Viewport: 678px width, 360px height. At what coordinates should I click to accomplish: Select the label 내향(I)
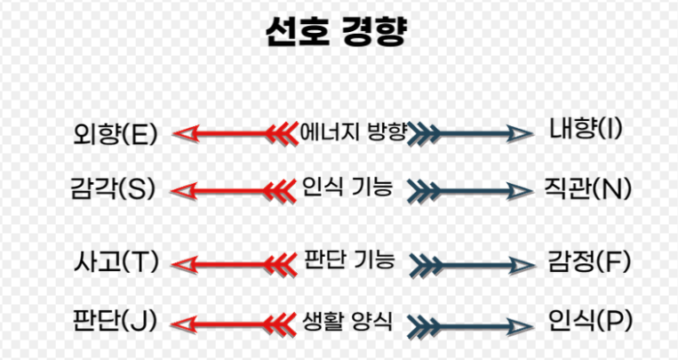pos(586,130)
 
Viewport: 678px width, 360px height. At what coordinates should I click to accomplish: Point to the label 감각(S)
pos(113,188)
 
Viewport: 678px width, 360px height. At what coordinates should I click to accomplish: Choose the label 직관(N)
pos(587,189)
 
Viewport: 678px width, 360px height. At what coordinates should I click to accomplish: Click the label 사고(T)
pos(116,261)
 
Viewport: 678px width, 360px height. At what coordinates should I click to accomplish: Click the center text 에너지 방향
pos(353,132)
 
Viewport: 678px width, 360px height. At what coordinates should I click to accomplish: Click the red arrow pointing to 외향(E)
pos(235,134)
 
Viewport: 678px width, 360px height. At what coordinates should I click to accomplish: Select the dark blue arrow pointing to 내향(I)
pos(471,134)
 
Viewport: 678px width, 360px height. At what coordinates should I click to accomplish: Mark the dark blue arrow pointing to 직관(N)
pos(471,189)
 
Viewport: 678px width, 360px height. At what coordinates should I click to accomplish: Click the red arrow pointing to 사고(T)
pos(235,263)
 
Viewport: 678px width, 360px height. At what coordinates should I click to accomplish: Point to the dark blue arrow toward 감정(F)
pos(471,263)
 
